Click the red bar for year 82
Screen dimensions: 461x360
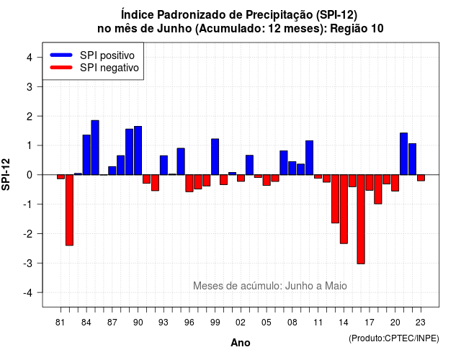tap(69, 210)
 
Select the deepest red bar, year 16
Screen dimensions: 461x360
tap(361, 219)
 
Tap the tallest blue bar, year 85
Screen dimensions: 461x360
tap(95, 148)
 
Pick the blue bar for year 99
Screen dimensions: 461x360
tap(215, 157)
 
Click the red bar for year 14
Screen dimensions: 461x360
tap(344, 210)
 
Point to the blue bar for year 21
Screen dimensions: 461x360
tap(403, 153)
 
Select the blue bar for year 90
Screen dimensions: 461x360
tap(138, 150)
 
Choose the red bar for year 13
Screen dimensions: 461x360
tap(335, 199)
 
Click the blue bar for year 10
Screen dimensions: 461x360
tap(309, 158)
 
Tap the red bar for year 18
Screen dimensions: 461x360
tap(378, 189)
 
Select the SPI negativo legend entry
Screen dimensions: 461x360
tap(94, 68)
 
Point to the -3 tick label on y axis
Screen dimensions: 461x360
tap(28, 263)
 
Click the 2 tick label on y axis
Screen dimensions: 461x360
tap(30, 117)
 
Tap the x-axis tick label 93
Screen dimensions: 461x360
tap(164, 323)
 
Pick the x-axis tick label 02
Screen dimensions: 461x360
tap(241, 323)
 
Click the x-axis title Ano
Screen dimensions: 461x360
tap(241, 343)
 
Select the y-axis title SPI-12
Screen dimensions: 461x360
tap(6, 174)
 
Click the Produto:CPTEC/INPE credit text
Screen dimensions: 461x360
tap(394, 338)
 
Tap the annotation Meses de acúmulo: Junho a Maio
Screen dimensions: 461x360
tap(270, 286)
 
